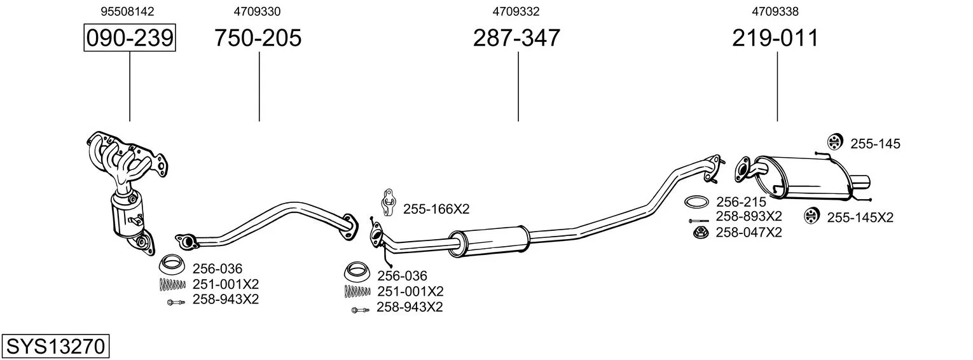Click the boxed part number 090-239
tap(130, 38)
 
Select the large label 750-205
tap(258, 38)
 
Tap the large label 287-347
tap(516, 38)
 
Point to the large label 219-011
tap(775, 38)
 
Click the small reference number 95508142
tap(127, 11)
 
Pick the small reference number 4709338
tap(775, 11)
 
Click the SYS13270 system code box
tap(55, 347)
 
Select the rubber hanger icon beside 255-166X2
tap(389, 202)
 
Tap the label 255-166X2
tap(436, 209)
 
